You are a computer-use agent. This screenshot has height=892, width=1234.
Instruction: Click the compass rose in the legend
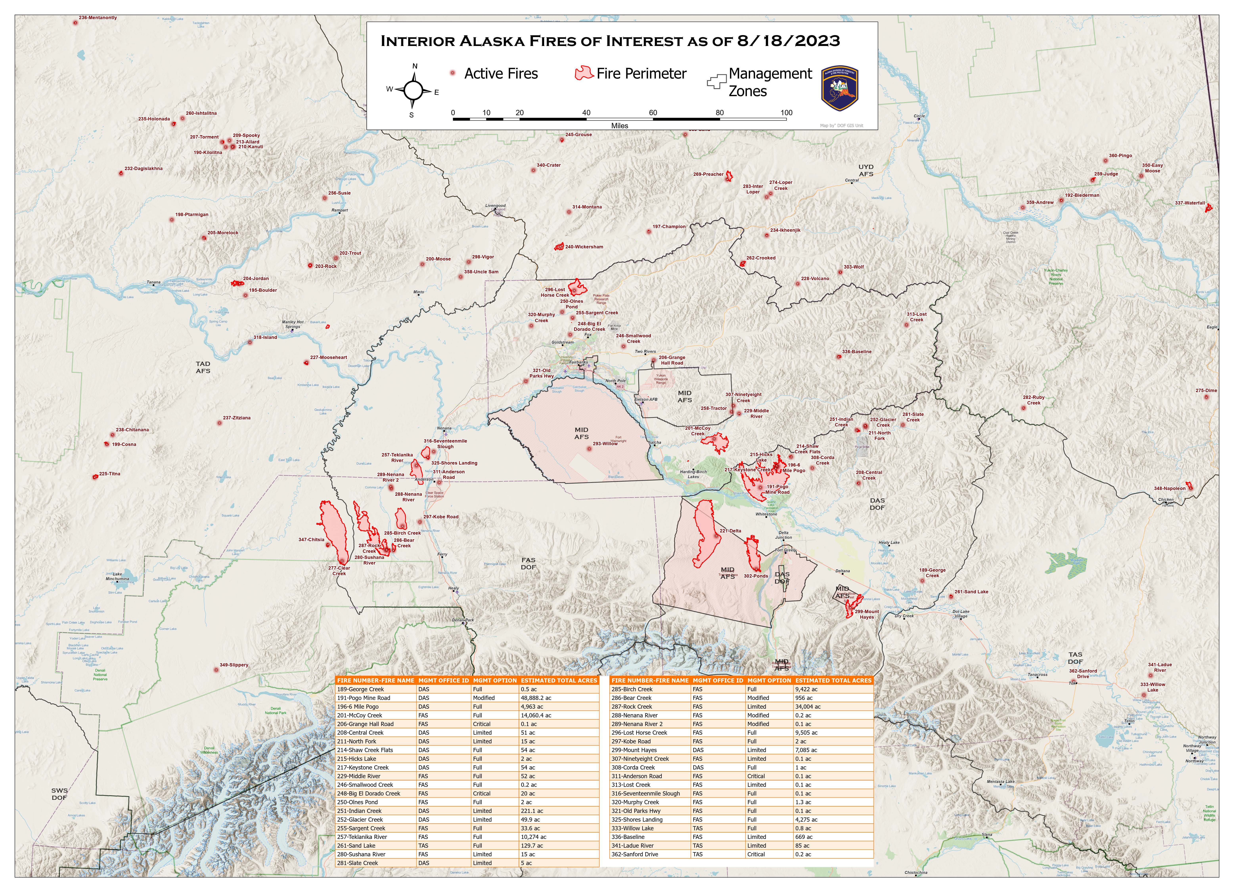(x=413, y=90)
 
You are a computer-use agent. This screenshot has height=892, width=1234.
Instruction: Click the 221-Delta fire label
(x=730, y=531)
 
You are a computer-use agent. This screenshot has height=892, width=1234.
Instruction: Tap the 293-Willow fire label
(x=605, y=444)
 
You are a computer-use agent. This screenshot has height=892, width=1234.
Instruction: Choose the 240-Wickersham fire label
(x=584, y=247)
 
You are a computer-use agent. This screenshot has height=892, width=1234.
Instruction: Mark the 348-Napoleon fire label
(x=1170, y=488)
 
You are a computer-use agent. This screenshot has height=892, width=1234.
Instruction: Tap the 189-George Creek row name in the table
(x=360, y=689)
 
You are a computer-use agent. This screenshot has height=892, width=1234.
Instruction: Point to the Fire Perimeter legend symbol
(x=584, y=73)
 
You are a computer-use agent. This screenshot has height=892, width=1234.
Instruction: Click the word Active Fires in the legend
(x=501, y=74)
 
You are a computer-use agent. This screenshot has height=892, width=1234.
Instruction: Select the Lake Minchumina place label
(x=118, y=577)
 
